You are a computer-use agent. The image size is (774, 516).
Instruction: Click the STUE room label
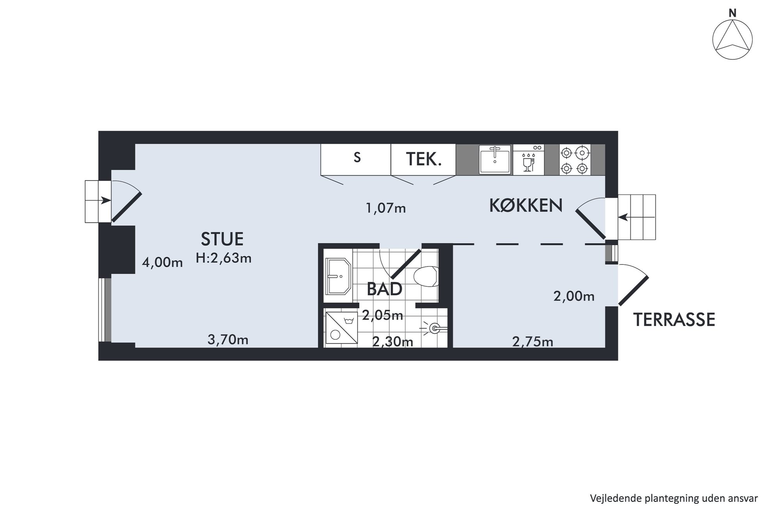coord(222,239)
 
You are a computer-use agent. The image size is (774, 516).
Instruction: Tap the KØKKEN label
coord(526,206)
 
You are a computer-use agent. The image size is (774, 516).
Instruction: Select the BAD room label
coord(385,289)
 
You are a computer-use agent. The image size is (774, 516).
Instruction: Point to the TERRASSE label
coord(674,319)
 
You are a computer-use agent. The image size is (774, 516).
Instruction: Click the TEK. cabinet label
coord(424,160)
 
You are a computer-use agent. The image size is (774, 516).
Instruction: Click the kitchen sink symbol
coord(495,159)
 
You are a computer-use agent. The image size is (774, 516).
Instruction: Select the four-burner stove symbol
coord(575,160)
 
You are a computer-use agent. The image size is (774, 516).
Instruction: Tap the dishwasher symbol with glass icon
coord(529,159)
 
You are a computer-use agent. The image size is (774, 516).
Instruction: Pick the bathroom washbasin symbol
coord(339,276)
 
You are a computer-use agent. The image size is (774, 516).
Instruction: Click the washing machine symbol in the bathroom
coord(341,328)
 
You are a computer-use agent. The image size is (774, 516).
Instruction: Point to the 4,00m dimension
coord(162,262)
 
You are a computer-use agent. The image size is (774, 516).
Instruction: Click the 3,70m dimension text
coord(228,340)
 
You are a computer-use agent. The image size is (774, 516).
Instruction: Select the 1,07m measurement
coord(385,208)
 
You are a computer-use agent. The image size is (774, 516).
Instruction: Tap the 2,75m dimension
coord(533,342)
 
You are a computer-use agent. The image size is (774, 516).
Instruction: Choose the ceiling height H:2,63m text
coord(224,258)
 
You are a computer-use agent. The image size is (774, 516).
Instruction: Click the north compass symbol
coord(732,39)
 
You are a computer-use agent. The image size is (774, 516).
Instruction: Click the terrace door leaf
coord(634,291)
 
